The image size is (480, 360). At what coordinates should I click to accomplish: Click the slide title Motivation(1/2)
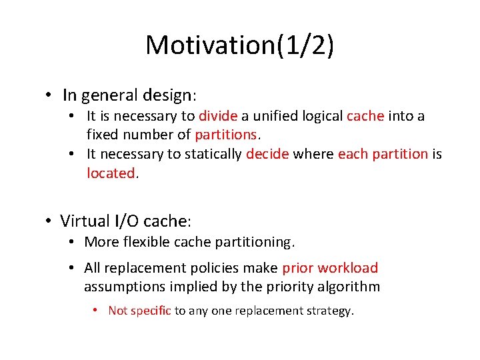tap(240, 45)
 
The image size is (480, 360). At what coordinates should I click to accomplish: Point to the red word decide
tap(267, 154)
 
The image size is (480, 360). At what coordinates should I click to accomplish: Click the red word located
tap(111, 173)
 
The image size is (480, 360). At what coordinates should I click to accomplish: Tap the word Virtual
tap(85, 221)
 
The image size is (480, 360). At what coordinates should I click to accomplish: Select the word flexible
tap(144, 242)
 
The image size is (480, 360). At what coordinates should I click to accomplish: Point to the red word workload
tap(347, 268)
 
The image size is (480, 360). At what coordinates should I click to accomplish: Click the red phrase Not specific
tap(139, 310)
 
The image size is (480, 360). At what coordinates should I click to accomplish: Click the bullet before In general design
tap(50, 95)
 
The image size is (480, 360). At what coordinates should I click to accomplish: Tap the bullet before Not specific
tap(96, 310)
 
